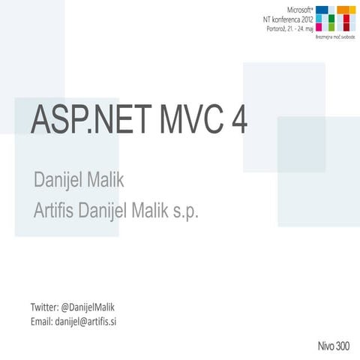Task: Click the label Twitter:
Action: [43, 307]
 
